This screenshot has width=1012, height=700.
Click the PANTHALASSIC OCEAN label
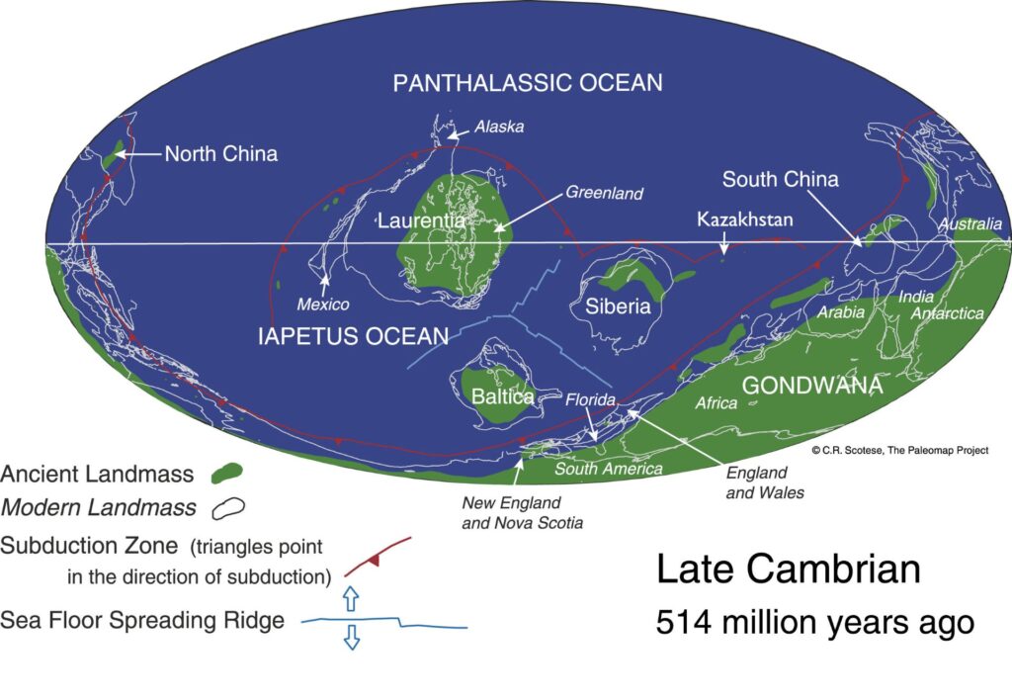click(x=527, y=82)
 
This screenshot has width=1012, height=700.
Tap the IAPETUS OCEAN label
click(x=353, y=335)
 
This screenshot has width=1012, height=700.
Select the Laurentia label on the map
click(x=421, y=220)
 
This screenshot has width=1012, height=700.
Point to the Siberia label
click(x=618, y=306)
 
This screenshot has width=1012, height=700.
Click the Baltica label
click(x=503, y=396)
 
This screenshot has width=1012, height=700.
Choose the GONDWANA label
click(x=811, y=386)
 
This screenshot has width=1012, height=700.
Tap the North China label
click(x=220, y=153)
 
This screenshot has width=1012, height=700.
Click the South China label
click(x=780, y=179)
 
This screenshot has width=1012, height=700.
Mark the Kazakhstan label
click(x=744, y=219)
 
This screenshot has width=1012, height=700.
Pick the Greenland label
click(x=604, y=193)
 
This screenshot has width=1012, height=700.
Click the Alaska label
click(x=498, y=127)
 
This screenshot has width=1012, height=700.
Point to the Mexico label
click(x=323, y=304)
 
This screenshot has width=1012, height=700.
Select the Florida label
click(x=590, y=401)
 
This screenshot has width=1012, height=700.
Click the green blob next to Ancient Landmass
click(x=227, y=474)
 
